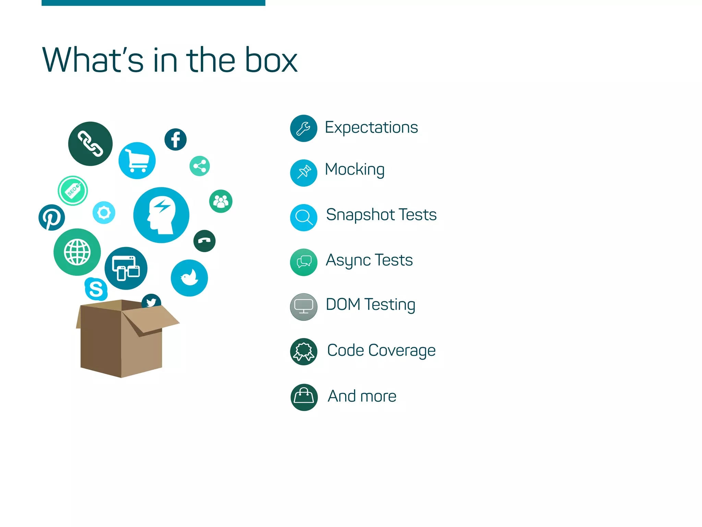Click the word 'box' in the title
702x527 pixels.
click(271, 60)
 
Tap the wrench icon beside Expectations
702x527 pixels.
click(304, 128)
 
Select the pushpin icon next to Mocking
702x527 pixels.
click(304, 173)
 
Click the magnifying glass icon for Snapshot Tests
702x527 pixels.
click(304, 218)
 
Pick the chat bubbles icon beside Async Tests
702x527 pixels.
click(304, 262)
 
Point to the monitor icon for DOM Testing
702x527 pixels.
click(304, 307)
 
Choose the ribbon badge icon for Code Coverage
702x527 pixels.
click(304, 352)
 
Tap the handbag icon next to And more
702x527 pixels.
click(304, 397)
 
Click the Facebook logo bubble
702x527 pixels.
click(175, 140)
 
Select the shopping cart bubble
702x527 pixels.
click(137, 161)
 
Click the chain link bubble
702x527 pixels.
click(90, 144)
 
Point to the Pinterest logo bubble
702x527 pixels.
click(52, 218)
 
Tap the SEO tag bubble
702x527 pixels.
click(73, 191)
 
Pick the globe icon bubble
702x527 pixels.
click(77, 252)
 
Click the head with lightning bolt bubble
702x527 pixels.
click(161, 215)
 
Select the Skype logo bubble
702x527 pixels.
click(96, 289)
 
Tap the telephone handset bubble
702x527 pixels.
click(204, 241)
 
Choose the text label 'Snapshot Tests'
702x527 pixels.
click(381, 215)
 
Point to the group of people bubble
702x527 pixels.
click(221, 201)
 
